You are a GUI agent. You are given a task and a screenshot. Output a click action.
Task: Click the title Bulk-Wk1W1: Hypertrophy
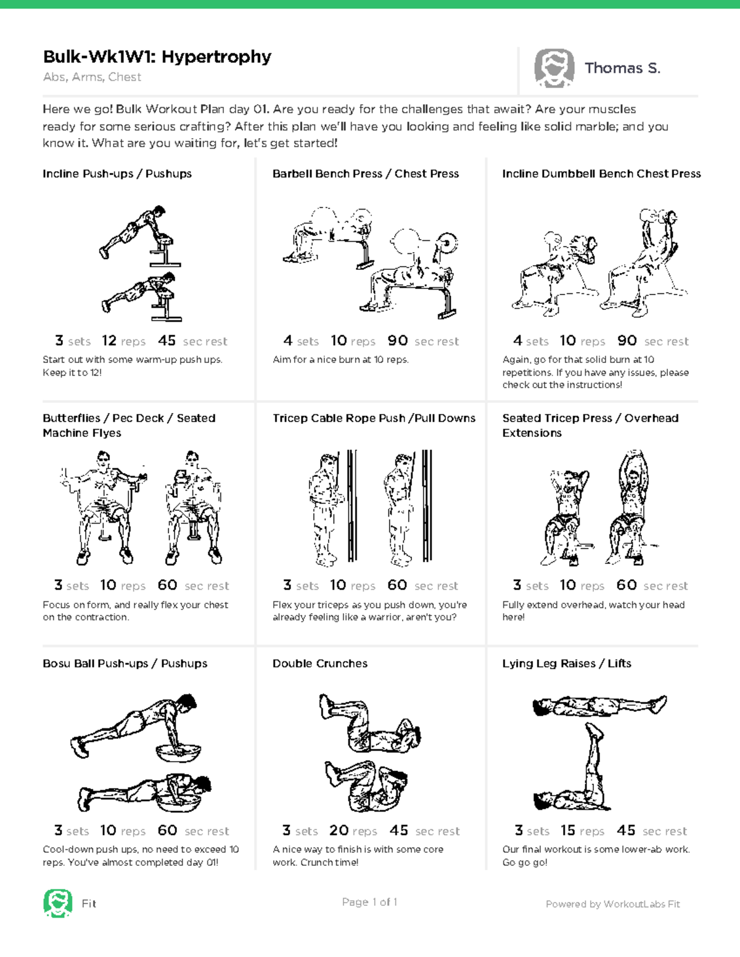[157, 57]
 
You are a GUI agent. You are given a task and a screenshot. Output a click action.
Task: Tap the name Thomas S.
[622, 68]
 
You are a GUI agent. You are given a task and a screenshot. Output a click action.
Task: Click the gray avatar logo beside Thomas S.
[554, 68]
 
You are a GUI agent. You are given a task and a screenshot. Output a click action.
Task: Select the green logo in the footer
[57, 903]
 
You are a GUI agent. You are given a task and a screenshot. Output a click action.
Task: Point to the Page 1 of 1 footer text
[369, 902]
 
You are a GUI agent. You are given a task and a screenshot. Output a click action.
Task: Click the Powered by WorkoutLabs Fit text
[612, 904]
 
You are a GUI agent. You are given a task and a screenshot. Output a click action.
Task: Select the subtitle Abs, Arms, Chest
[92, 77]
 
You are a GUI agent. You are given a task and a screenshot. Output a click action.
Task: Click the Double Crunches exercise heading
[319, 664]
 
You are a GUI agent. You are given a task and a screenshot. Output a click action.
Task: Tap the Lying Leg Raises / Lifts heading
[566, 664]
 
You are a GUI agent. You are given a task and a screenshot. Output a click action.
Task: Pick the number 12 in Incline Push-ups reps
[109, 341]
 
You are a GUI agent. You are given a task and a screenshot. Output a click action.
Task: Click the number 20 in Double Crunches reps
[339, 831]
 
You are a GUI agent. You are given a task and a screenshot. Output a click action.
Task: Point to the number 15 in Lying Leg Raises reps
[567, 831]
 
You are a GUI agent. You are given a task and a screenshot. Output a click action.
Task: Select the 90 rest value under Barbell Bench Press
[398, 341]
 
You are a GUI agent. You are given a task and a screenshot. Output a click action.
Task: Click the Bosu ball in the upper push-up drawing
[178, 753]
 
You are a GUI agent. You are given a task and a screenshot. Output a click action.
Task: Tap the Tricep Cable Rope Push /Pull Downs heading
[374, 418]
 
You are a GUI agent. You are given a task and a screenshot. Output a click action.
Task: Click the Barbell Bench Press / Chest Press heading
[365, 174]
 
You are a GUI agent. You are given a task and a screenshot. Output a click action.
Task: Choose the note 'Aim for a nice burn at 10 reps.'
[340, 360]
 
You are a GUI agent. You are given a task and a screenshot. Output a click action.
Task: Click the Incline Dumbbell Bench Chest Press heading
[601, 174]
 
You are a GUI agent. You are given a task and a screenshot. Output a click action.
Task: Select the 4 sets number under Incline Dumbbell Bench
[517, 341]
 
